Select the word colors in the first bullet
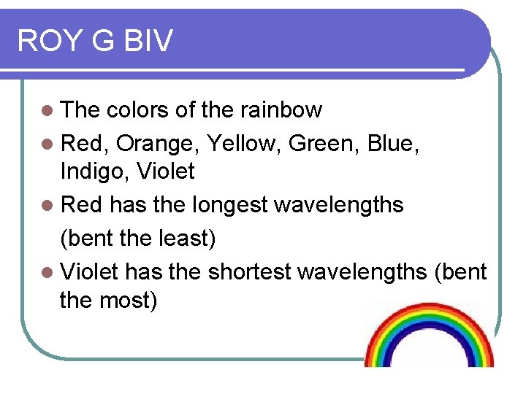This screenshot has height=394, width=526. point(138,110)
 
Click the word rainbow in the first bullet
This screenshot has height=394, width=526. point(281,110)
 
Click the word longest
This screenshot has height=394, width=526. point(229,205)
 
